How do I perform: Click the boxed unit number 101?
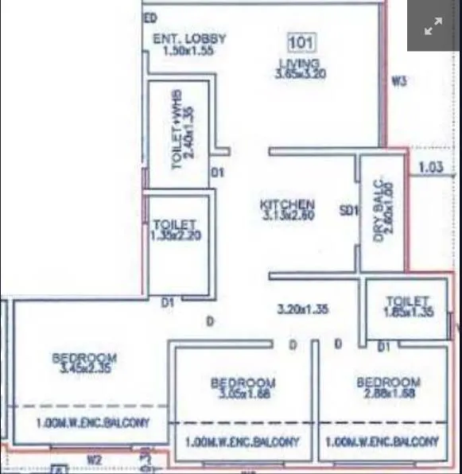pos(300,43)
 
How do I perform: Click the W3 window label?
pos(399,80)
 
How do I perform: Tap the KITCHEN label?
pos(288,204)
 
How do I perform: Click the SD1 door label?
pos(347,211)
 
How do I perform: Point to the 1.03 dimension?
pos(430,167)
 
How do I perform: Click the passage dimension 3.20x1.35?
pos(303,309)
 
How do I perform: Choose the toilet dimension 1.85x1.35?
pos(409,313)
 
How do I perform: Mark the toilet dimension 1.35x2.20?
pos(174,236)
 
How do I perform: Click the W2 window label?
pos(94,459)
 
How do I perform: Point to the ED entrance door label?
pos(150,17)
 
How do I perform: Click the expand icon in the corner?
pos(433,26)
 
